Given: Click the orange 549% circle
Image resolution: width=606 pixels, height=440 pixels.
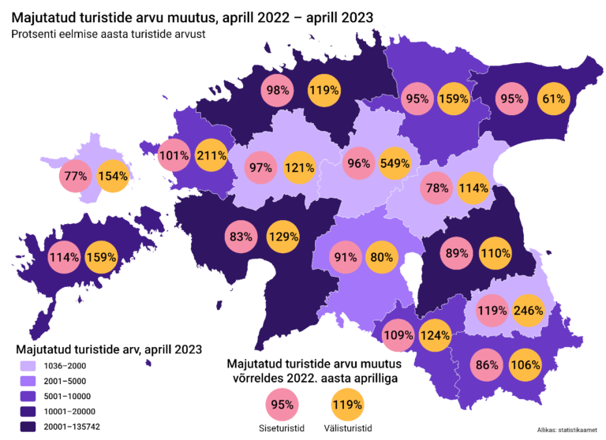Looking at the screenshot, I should [x=395, y=163].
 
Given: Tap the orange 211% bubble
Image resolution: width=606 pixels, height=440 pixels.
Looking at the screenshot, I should [x=211, y=155].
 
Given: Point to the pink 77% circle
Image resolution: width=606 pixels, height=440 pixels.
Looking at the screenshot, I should [x=77, y=176].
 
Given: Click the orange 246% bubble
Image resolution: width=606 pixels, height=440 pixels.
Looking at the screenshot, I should [x=528, y=310].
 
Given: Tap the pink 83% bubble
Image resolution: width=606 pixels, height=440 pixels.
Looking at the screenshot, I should [x=241, y=236].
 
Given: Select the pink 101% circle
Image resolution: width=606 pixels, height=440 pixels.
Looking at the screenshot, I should [x=174, y=155].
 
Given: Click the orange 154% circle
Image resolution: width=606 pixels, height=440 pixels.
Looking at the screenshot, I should [x=114, y=176].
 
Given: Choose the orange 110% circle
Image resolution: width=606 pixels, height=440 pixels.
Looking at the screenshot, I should [x=496, y=253].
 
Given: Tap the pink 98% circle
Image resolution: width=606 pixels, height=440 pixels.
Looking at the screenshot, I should [x=278, y=91].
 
